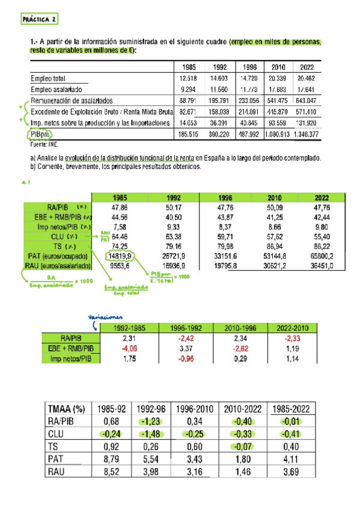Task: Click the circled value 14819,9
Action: coord(121,256)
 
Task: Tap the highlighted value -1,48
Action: coord(147,433)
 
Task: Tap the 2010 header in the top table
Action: coord(278,66)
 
